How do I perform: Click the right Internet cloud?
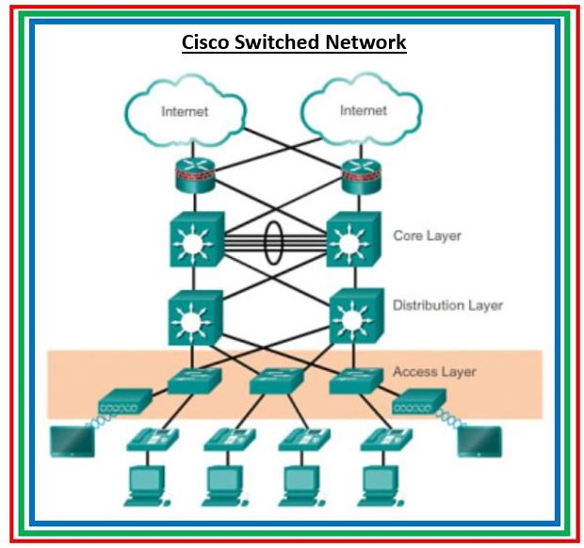point(363,110)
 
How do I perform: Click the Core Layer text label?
point(427,234)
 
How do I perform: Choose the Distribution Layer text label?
point(447,305)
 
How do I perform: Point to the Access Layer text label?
point(434,372)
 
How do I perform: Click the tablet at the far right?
point(479,440)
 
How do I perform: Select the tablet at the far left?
point(72,440)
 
